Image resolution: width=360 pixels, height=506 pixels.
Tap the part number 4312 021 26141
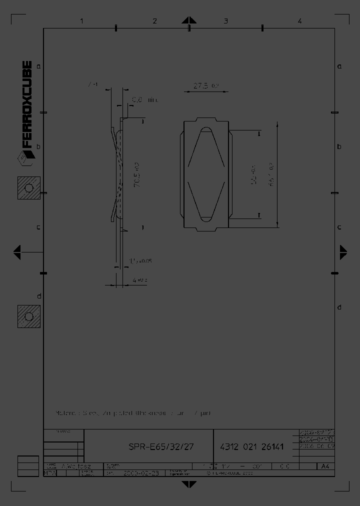(252, 446)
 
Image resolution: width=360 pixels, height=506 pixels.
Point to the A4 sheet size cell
(325, 466)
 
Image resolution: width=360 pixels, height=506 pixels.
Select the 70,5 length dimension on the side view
(136, 174)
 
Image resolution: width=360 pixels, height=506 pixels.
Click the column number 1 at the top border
(81, 21)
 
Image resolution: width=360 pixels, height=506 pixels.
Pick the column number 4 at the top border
(299, 21)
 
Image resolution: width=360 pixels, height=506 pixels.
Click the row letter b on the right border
(339, 146)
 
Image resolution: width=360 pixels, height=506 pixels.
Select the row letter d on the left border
(38, 296)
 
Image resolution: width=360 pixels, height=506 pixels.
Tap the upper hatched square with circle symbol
(28, 187)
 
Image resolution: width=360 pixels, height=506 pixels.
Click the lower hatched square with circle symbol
(28, 316)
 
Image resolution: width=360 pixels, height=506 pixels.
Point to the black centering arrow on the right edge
(343, 252)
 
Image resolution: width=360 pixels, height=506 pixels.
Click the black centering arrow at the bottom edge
(188, 484)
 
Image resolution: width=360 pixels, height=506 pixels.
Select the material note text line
(133, 413)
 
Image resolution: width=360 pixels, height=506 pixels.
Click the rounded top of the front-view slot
(205, 130)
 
